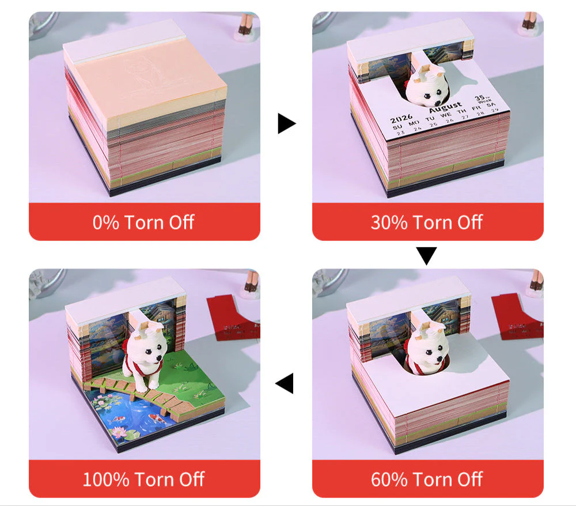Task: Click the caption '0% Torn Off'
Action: click(144, 222)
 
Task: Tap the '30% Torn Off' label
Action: click(427, 222)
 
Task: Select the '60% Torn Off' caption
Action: click(427, 479)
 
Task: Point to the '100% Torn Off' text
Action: click(144, 479)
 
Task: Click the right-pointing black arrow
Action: click(286, 123)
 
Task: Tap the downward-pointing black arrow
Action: click(427, 255)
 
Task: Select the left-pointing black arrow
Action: click(285, 383)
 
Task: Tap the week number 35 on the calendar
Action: click(480, 98)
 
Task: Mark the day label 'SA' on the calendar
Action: click(491, 106)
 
